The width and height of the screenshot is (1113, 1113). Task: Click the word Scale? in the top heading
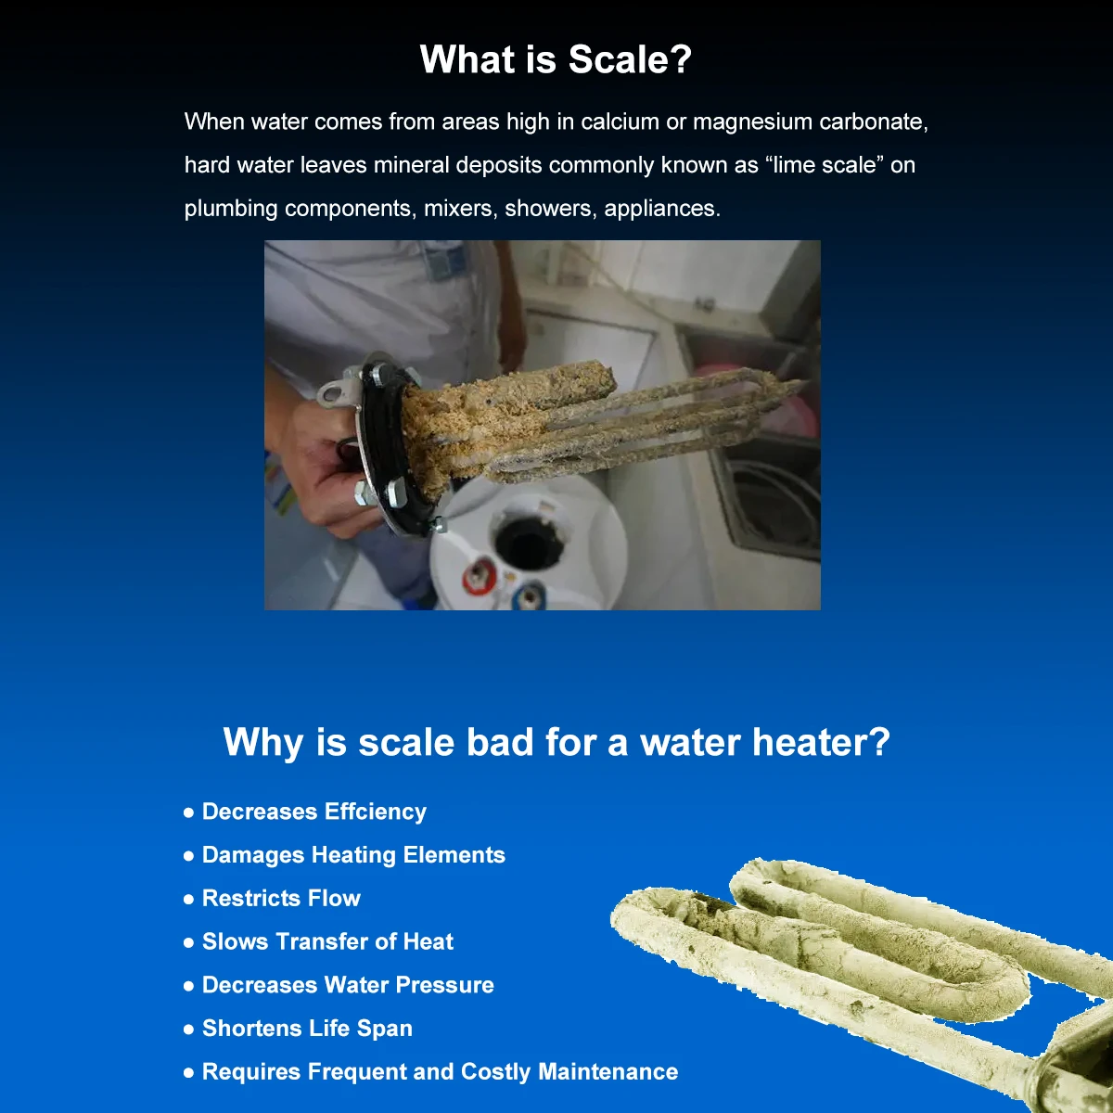(x=630, y=59)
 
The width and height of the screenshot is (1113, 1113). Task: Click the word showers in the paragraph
(x=550, y=209)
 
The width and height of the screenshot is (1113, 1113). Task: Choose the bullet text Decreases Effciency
(x=314, y=812)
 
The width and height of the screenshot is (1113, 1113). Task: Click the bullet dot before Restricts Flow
(x=188, y=900)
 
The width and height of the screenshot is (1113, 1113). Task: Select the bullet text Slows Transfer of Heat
(x=327, y=942)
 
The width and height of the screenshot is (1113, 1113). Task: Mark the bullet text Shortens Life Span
(x=307, y=1029)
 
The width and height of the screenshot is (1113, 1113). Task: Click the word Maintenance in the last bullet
(x=608, y=1072)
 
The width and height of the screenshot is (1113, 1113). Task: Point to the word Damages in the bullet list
(x=253, y=856)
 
